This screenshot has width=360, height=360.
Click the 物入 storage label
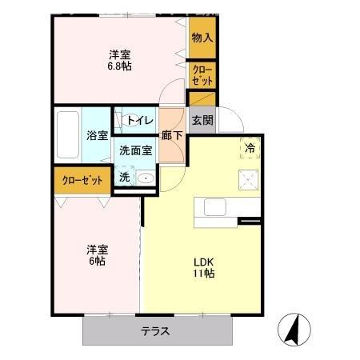click(x=202, y=38)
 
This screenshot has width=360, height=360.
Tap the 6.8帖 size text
click(x=120, y=67)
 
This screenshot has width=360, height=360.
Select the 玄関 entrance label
click(x=203, y=121)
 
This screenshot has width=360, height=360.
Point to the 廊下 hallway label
click(x=171, y=136)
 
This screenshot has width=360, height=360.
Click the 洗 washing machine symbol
click(x=125, y=177)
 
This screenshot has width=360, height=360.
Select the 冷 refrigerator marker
click(x=250, y=147)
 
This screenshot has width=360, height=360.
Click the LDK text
click(x=202, y=261)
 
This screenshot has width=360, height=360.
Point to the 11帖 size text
click(x=202, y=274)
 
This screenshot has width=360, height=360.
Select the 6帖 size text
click(x=97, y=261)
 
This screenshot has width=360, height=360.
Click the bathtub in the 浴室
click(x=69, y=134)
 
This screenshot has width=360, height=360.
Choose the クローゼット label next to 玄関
click(x=202, y=76)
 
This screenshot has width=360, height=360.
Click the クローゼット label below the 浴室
click(x=83, y=180)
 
